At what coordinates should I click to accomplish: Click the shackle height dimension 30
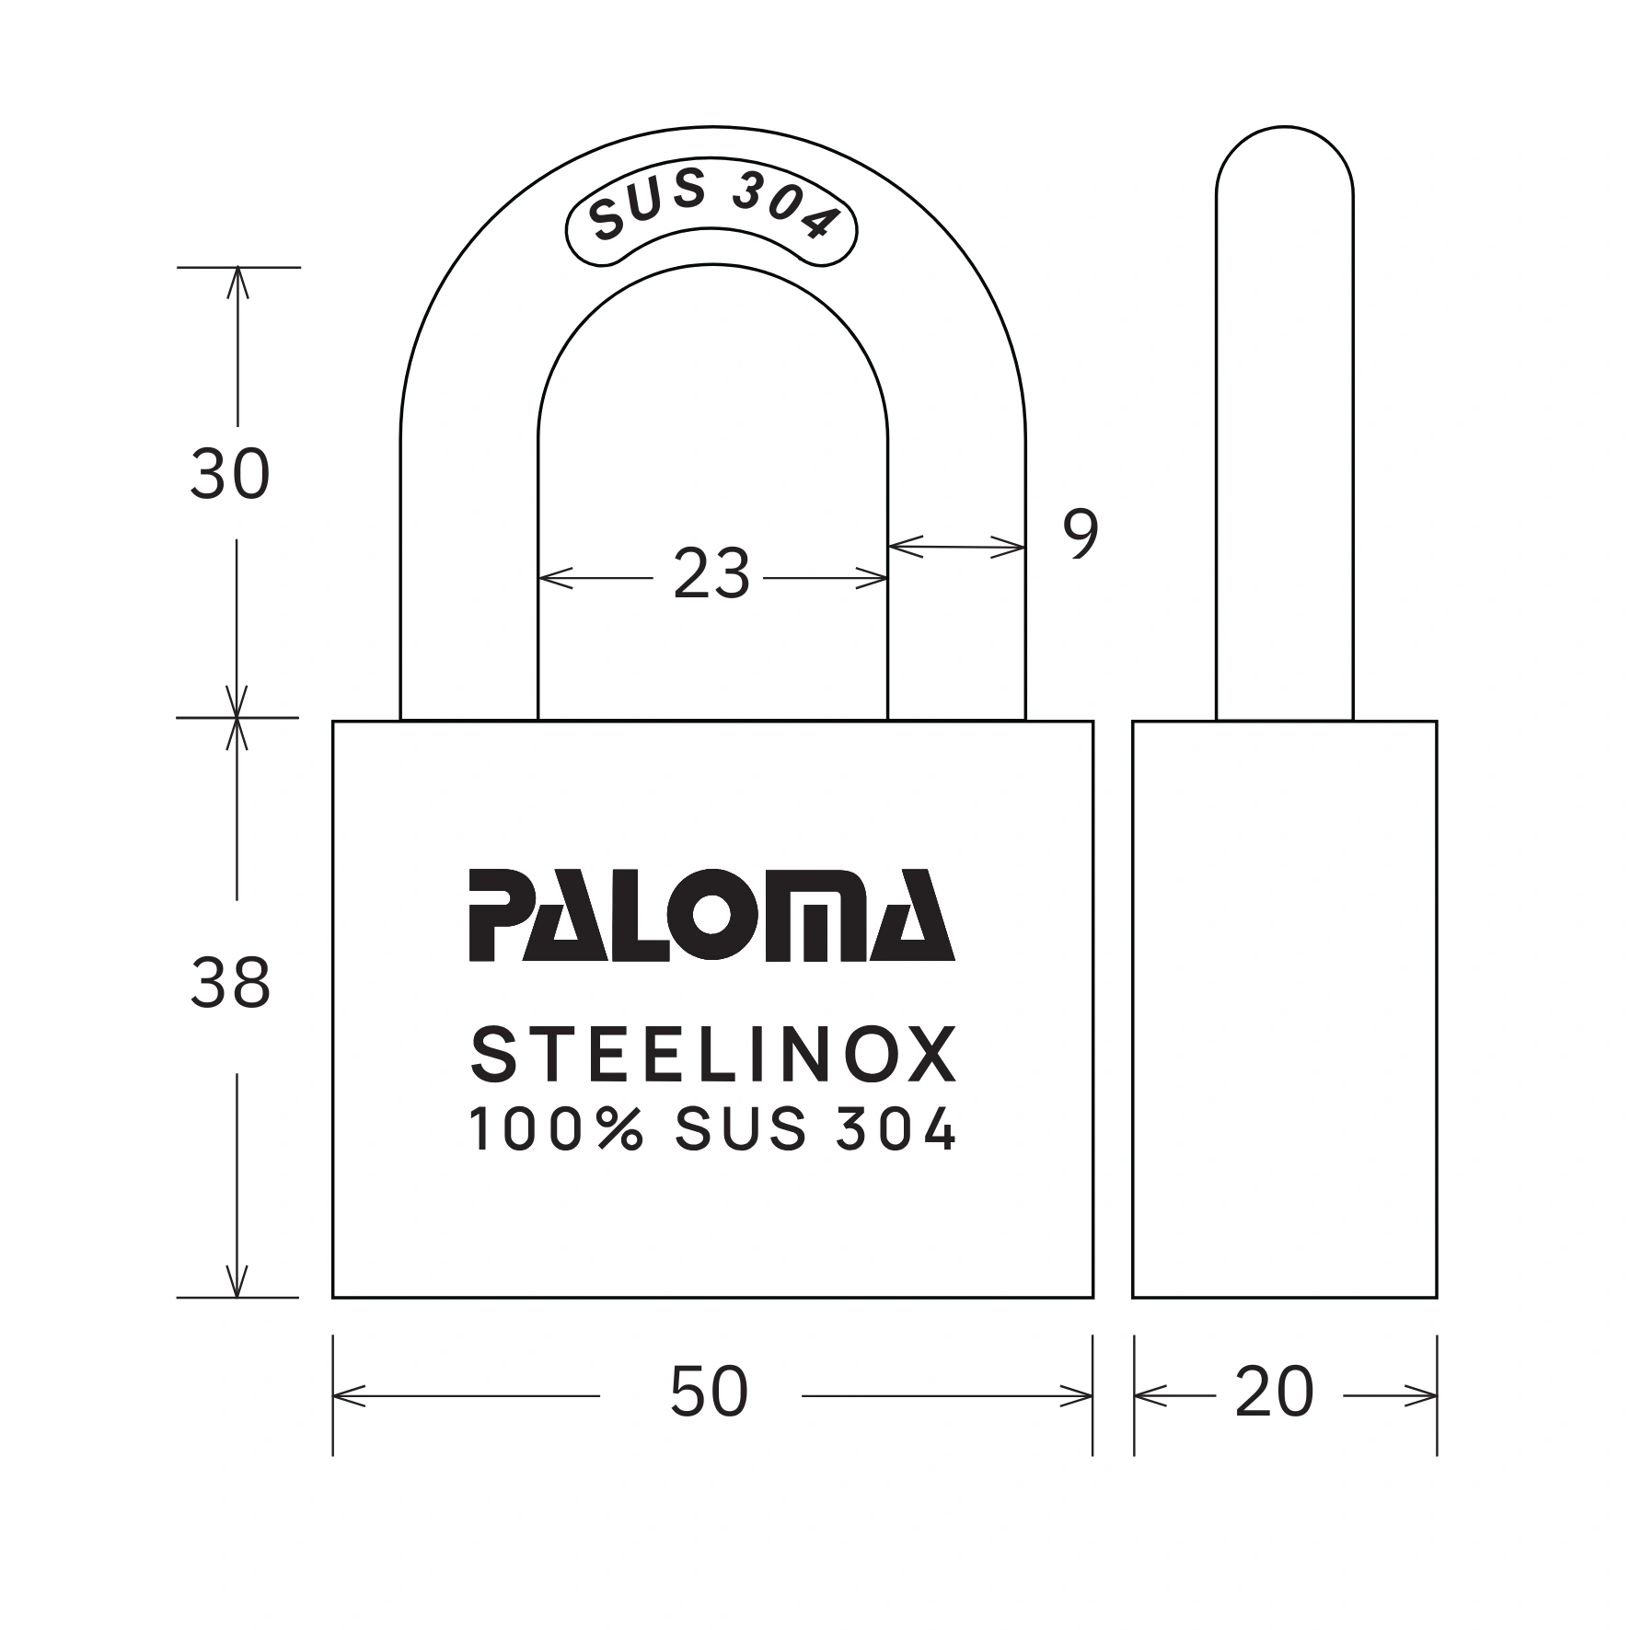[230, 475]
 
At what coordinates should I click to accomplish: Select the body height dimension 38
[230, 984]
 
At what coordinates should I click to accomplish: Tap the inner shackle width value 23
[711, 575]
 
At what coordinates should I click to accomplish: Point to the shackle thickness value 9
[1081, 534]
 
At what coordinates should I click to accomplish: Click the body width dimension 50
[709, 1392]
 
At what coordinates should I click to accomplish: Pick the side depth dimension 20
[1275, 1392]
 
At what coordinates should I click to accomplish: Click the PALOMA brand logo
[711, 916]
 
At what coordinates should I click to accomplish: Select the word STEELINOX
[713, 1057]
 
